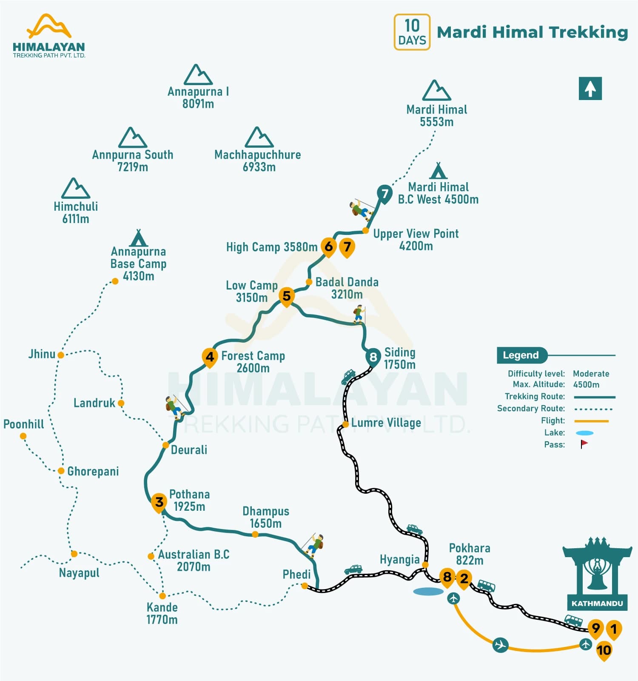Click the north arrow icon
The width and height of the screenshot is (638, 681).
[590, 89]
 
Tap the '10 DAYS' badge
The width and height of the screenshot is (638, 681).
[412, 32]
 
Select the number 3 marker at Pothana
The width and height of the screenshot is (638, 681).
[159, 502]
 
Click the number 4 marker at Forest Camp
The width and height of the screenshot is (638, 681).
[210, 357]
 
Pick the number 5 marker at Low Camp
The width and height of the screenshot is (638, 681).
[287, 296]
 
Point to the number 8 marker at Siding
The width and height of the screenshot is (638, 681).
[373, 357]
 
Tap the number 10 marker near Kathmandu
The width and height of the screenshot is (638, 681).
[604, 650]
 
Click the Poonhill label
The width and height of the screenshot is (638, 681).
[24, 424]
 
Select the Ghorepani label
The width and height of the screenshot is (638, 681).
[93, 471]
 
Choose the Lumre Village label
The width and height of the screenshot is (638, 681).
[386, 423]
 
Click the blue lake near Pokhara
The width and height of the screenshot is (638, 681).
[428, 591]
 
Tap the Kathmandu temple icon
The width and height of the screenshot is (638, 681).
[597, 570]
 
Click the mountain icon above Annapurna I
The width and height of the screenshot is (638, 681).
[198, 75]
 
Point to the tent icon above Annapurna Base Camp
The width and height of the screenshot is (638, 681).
[138, 238]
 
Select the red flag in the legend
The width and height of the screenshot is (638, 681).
[584, 444]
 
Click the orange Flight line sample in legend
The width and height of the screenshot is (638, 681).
[591, 421]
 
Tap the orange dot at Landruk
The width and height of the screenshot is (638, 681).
[121, 403]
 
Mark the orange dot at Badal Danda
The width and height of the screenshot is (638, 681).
[309, 282]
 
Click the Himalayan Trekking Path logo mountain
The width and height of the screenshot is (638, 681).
[49, 26]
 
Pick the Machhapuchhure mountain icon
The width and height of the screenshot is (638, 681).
[259, 137]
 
